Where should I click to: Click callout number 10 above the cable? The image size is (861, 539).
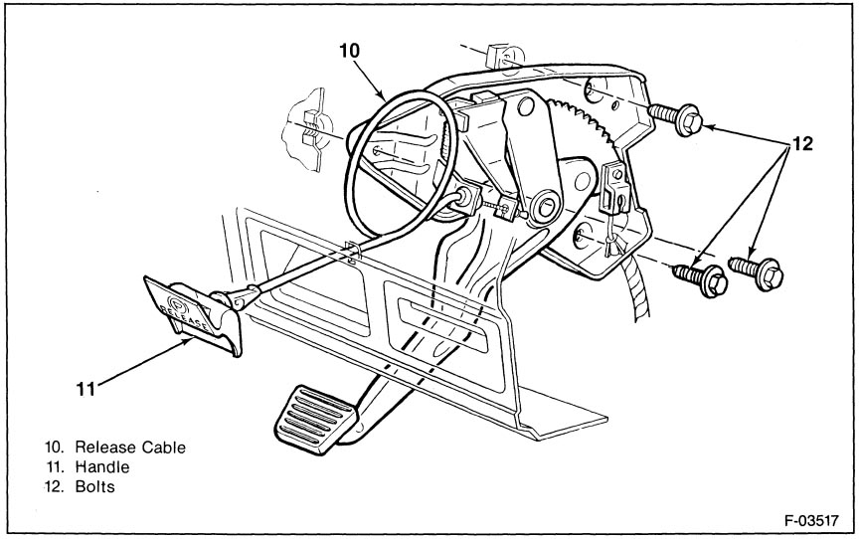(349, 51)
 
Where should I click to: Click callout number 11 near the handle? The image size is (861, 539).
(86, 389)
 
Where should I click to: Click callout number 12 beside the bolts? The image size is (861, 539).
(800, 144)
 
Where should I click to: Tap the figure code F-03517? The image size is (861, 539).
(811, 520)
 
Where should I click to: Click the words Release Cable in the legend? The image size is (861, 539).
(130, 448)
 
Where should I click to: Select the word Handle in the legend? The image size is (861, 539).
(102, 467)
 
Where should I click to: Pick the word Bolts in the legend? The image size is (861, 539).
(95, 487)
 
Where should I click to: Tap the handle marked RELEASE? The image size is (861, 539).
(192, 313)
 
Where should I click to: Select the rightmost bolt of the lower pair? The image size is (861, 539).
(757, 271)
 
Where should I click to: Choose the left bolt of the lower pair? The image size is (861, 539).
(701, 278)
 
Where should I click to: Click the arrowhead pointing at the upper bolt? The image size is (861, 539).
(710, 127)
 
